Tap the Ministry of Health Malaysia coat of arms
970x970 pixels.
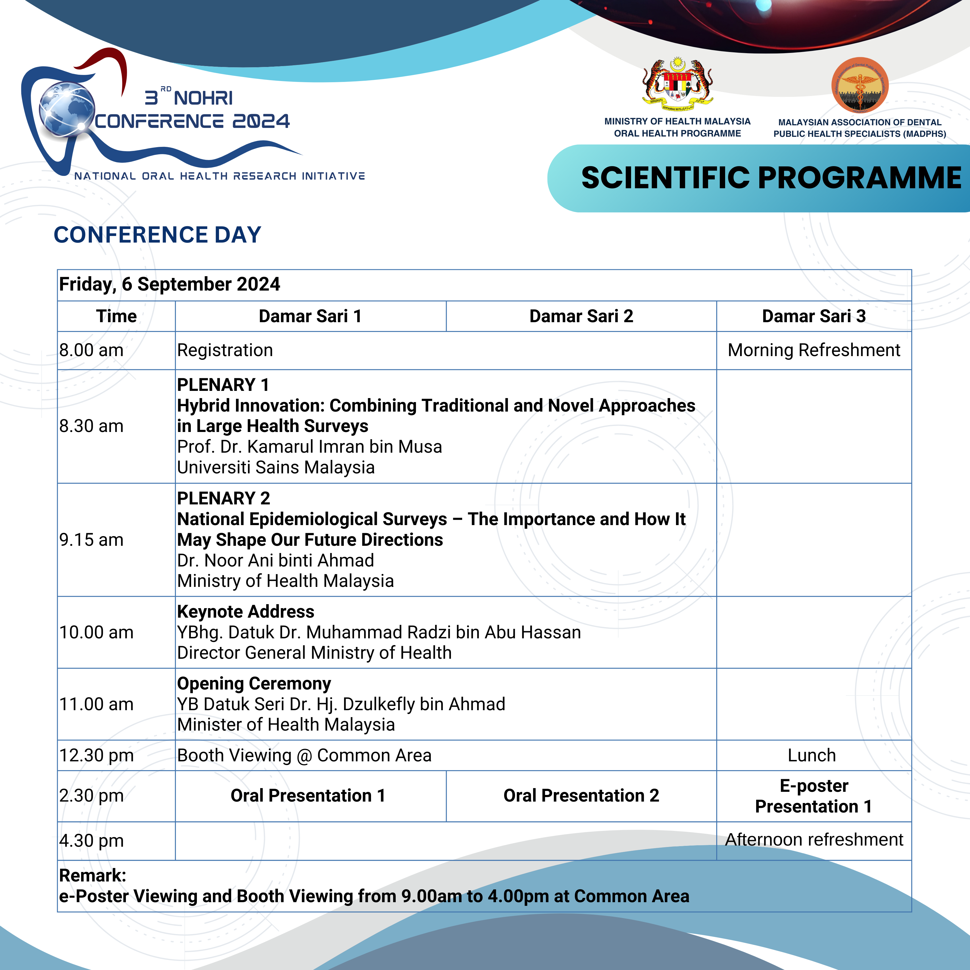pos(677,84)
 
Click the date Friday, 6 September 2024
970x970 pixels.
pos(169,284)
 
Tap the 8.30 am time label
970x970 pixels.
pos(91,426)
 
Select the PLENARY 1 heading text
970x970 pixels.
pos(223,385)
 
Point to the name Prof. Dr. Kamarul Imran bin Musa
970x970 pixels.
pos(309,447)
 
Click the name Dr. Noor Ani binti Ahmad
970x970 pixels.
pos(276,560)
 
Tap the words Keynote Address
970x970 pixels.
pos(245,612)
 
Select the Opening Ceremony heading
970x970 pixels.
pos(254,683)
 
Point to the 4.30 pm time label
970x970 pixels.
pos(91,840)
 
